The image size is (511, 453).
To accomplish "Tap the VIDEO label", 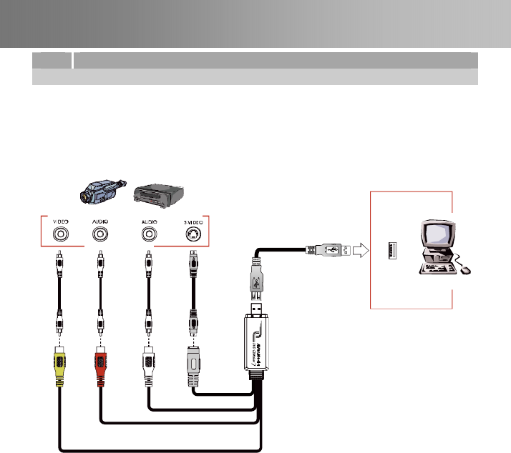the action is [x=61, y=222].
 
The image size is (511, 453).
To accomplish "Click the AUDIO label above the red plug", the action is [x=100, y=222].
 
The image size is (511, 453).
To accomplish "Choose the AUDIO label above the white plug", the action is [x=148, y=222].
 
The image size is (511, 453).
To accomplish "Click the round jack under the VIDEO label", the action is [x=61, y=234].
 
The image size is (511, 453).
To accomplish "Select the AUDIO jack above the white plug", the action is [x=148, y=234].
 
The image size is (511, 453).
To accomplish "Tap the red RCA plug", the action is [x=100, y=364].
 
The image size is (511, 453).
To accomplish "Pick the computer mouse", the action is [x=465, y=270].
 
